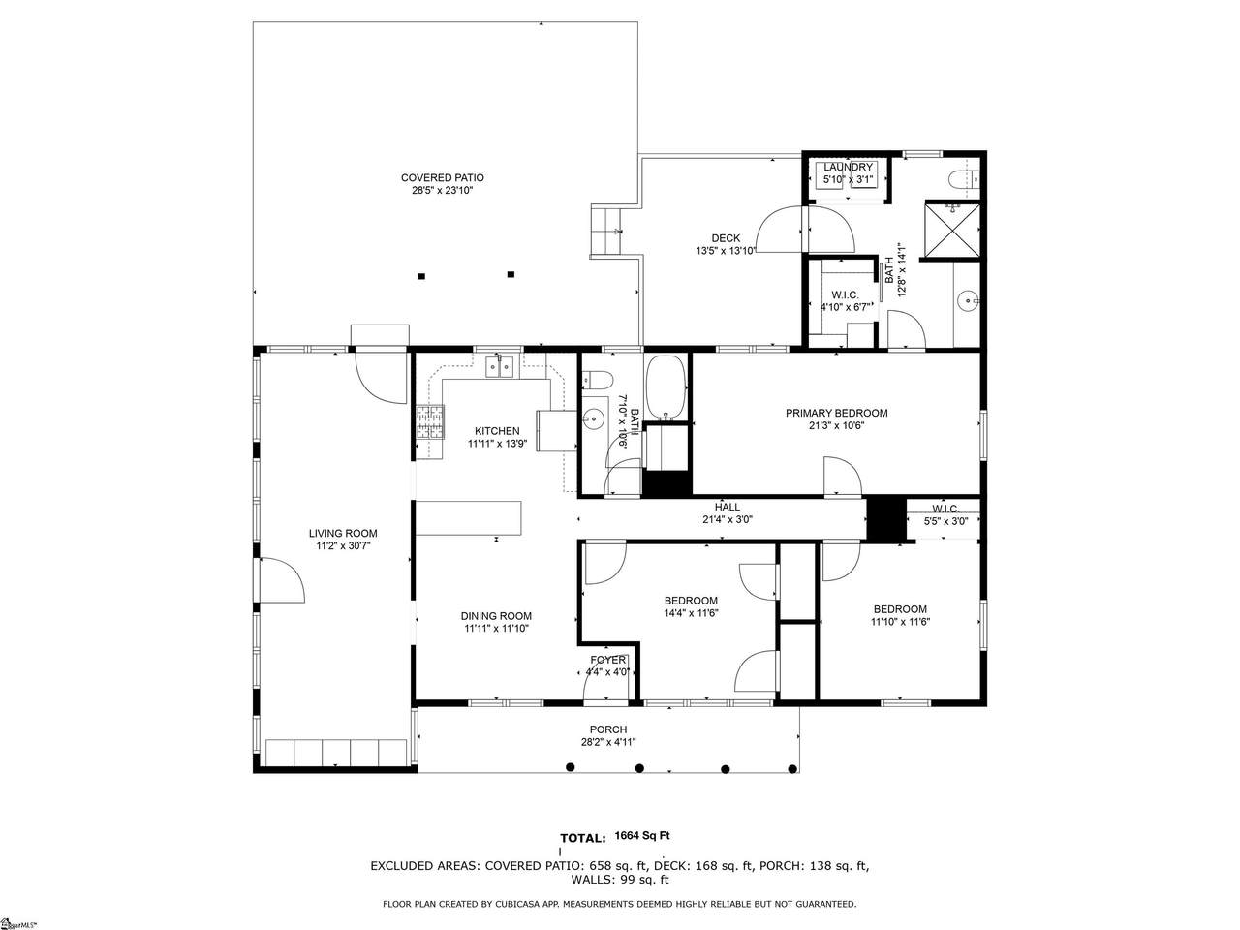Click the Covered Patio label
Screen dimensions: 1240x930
tap(443, 178)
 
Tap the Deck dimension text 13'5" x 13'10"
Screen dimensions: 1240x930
tap(726, 251)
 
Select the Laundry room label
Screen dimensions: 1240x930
tap(848, 168)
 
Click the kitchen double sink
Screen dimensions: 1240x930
tap(499, 367)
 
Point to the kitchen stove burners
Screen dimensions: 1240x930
tap(430, 421)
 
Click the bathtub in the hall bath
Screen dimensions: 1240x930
tap(666, 387)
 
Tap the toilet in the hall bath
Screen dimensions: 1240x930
tap(598, 381)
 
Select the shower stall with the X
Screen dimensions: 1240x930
tap(952, 230)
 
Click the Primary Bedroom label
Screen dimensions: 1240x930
tap(836, 414)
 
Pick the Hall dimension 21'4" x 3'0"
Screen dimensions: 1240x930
tap(728, 519)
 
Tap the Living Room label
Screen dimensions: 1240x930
tap(343, 533)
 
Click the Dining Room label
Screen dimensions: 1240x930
tap(496, 616)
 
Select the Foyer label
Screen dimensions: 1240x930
tap(607, 660)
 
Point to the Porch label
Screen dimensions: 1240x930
tap(607, 729)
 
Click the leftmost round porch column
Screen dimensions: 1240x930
tap(571, 767)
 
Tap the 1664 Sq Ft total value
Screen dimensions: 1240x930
tap(642, 836)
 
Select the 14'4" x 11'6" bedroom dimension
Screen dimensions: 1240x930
tap(691, 613)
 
